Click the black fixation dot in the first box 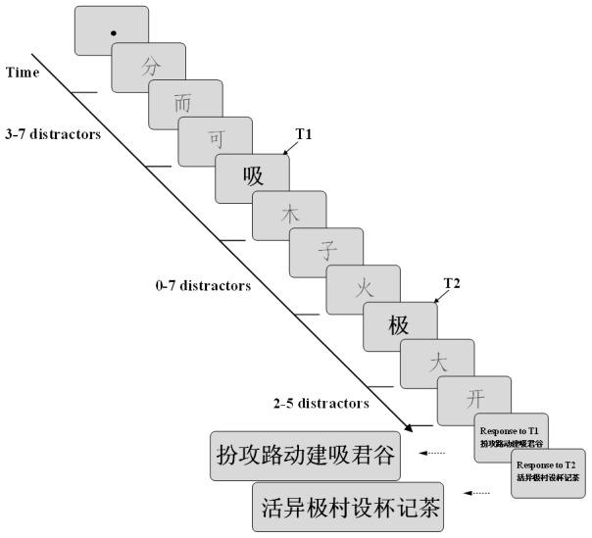114,32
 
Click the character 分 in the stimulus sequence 150,69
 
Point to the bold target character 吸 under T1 253,178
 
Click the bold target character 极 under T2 399,325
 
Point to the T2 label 451,284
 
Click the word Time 22,73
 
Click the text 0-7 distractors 203,287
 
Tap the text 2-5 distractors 321,403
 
